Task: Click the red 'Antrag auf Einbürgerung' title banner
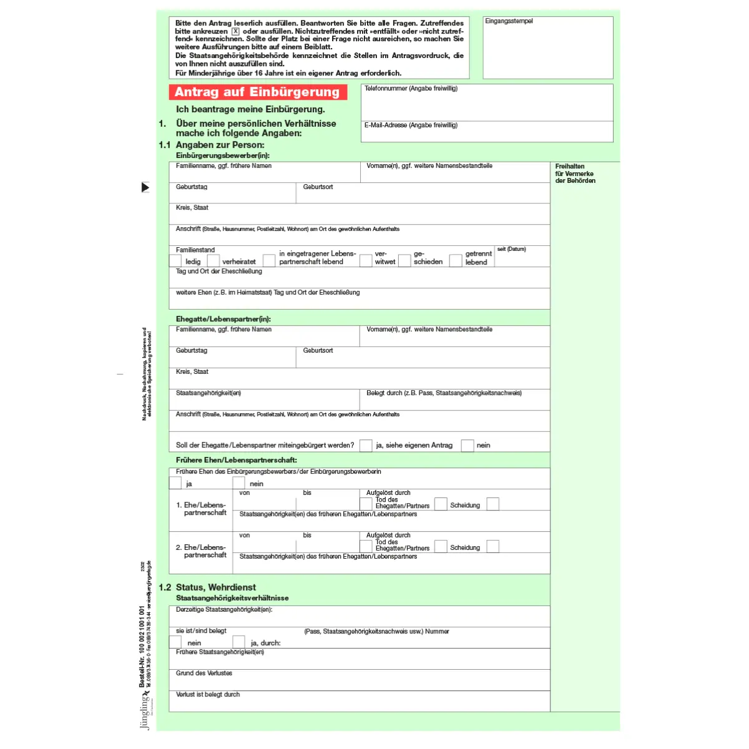point(257,92)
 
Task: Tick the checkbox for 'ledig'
point(175,261)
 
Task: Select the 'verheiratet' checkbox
point(213,261)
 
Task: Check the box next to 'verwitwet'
point(366,261)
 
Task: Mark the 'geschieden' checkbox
point(404,261)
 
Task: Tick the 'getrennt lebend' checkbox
point(456,261)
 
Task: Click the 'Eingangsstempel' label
point(509,21)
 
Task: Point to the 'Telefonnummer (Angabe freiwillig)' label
point(411,89)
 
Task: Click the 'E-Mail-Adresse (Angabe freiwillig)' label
point(411,125)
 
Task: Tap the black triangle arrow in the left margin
point(145,187)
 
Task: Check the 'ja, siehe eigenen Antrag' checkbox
point(366,445)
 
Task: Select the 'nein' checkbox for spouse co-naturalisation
point(468,445)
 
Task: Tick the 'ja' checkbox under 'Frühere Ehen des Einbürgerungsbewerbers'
point(175,483)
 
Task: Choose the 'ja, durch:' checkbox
point(238,642)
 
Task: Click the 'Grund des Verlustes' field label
point(204,673)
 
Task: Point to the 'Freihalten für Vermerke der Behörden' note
point(575,174)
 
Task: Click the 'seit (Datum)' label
point(511,249)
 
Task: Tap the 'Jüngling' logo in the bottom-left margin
point(145,712)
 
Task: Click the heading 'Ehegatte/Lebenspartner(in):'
point(223,319)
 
